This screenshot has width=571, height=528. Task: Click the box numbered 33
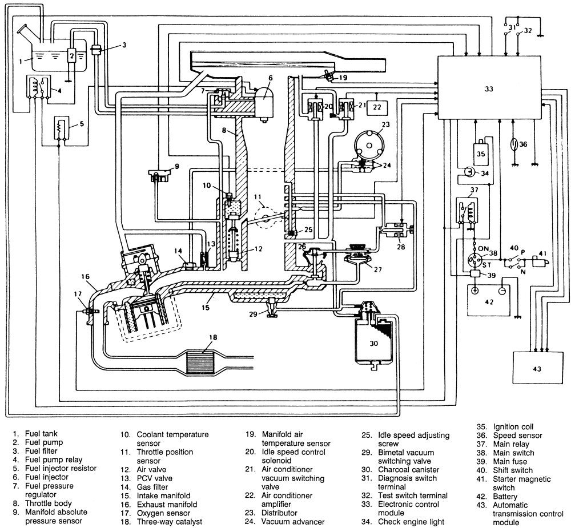coord(489,87)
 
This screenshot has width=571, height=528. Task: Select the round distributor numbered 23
coord(369,146)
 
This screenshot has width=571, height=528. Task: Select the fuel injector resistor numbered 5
coord(61,127)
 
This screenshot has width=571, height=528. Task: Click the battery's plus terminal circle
coord(475,291)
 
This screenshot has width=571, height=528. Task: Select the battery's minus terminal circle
coord(502,291)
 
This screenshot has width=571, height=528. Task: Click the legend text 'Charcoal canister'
coord(409,470)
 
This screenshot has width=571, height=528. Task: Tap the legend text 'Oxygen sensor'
coord(163,513)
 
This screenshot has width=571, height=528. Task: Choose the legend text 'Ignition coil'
coord(513,427)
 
